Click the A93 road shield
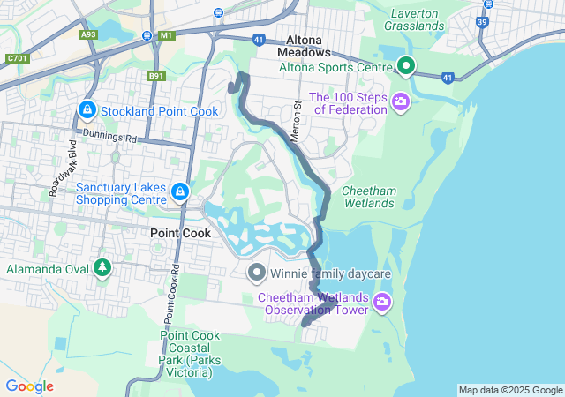coord(87,35)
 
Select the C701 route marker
coord(16,59)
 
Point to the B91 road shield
coord(157,77)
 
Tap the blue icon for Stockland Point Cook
coord(87,110)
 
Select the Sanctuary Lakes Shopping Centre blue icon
coord(179,191)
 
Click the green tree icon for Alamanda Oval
coord(102,266)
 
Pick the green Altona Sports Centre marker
coord(405,66)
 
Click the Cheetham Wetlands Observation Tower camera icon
coord(381,303)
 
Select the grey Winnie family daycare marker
coord(257,273)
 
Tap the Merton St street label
coord(298,118)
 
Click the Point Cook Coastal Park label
coord(186,354)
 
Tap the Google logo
coord(29,386)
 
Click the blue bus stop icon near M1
coord(145,35)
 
